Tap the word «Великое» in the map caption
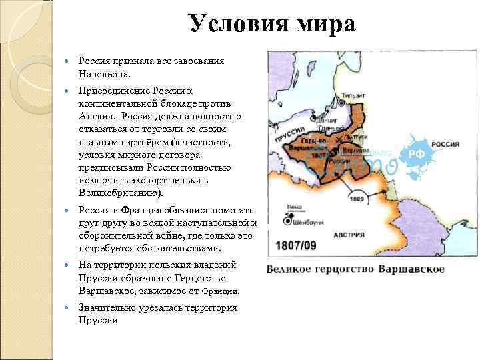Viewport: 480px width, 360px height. pyautogui.click(x=294, y=269)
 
